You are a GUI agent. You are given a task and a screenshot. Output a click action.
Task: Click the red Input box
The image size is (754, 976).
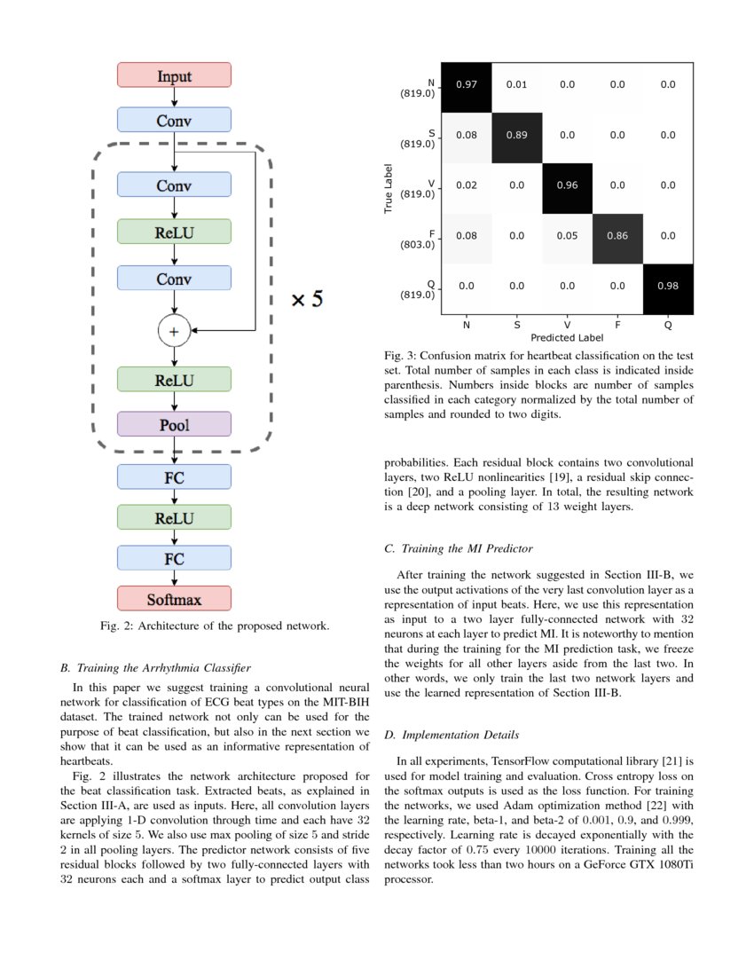(x=174, y=75)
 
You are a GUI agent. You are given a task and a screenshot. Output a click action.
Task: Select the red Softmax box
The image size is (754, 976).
(x=174, y=599)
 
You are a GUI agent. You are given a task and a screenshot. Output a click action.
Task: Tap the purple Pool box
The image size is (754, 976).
(x=174, y=424)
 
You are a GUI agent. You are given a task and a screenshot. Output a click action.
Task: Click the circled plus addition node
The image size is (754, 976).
(x=174, y=331)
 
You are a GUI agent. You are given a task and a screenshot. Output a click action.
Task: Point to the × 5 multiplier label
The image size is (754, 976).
(x=308, y=299)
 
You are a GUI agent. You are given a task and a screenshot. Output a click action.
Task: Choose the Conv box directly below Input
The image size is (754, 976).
(x=174, y=120)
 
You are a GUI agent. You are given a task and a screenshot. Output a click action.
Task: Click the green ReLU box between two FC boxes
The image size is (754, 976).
(x=174, y=517)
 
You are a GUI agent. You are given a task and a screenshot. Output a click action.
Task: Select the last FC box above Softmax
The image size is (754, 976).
(x=174, y=558)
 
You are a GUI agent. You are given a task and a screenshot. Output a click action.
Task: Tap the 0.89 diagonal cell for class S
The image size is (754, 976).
(x=516, y=135)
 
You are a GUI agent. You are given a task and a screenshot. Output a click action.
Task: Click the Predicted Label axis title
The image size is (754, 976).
(x=567, y=338)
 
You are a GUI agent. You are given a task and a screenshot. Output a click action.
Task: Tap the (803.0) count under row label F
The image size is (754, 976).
(x=417, y=244)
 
